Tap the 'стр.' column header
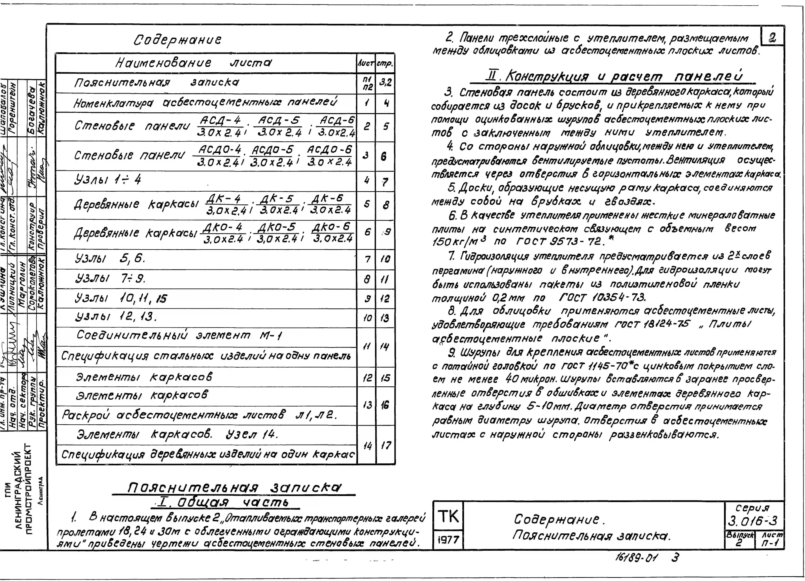(385, 64)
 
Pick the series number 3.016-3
(752, 521)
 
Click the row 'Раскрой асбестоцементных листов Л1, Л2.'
(199, 414)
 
